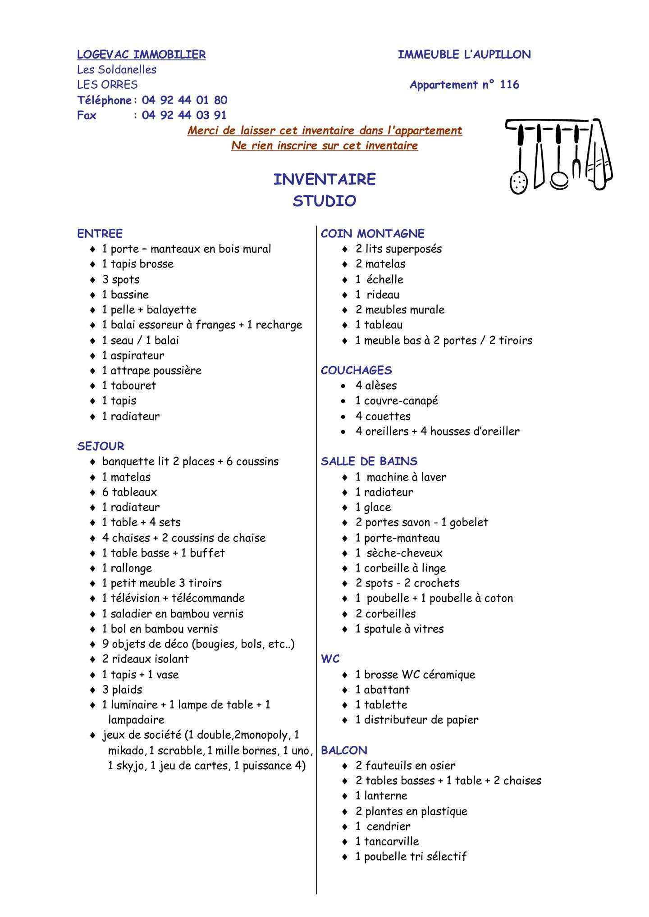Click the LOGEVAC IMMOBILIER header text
(141, 54)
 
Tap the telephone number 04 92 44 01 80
(184, 100)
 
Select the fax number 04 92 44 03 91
(184, 115)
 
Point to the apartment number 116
(509, 85)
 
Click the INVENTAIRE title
(324, 179)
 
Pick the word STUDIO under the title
(324, 201)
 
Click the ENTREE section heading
(100, 234)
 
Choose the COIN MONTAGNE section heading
(372, 234)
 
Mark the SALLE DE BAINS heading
(369, 462)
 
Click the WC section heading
(330, 659)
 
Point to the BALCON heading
(344, 750)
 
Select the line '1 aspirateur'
(133, 355)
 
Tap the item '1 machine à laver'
(401, 477)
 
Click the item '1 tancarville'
(387, 841)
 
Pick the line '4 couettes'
(383, 416)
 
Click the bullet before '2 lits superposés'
(345, 249)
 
